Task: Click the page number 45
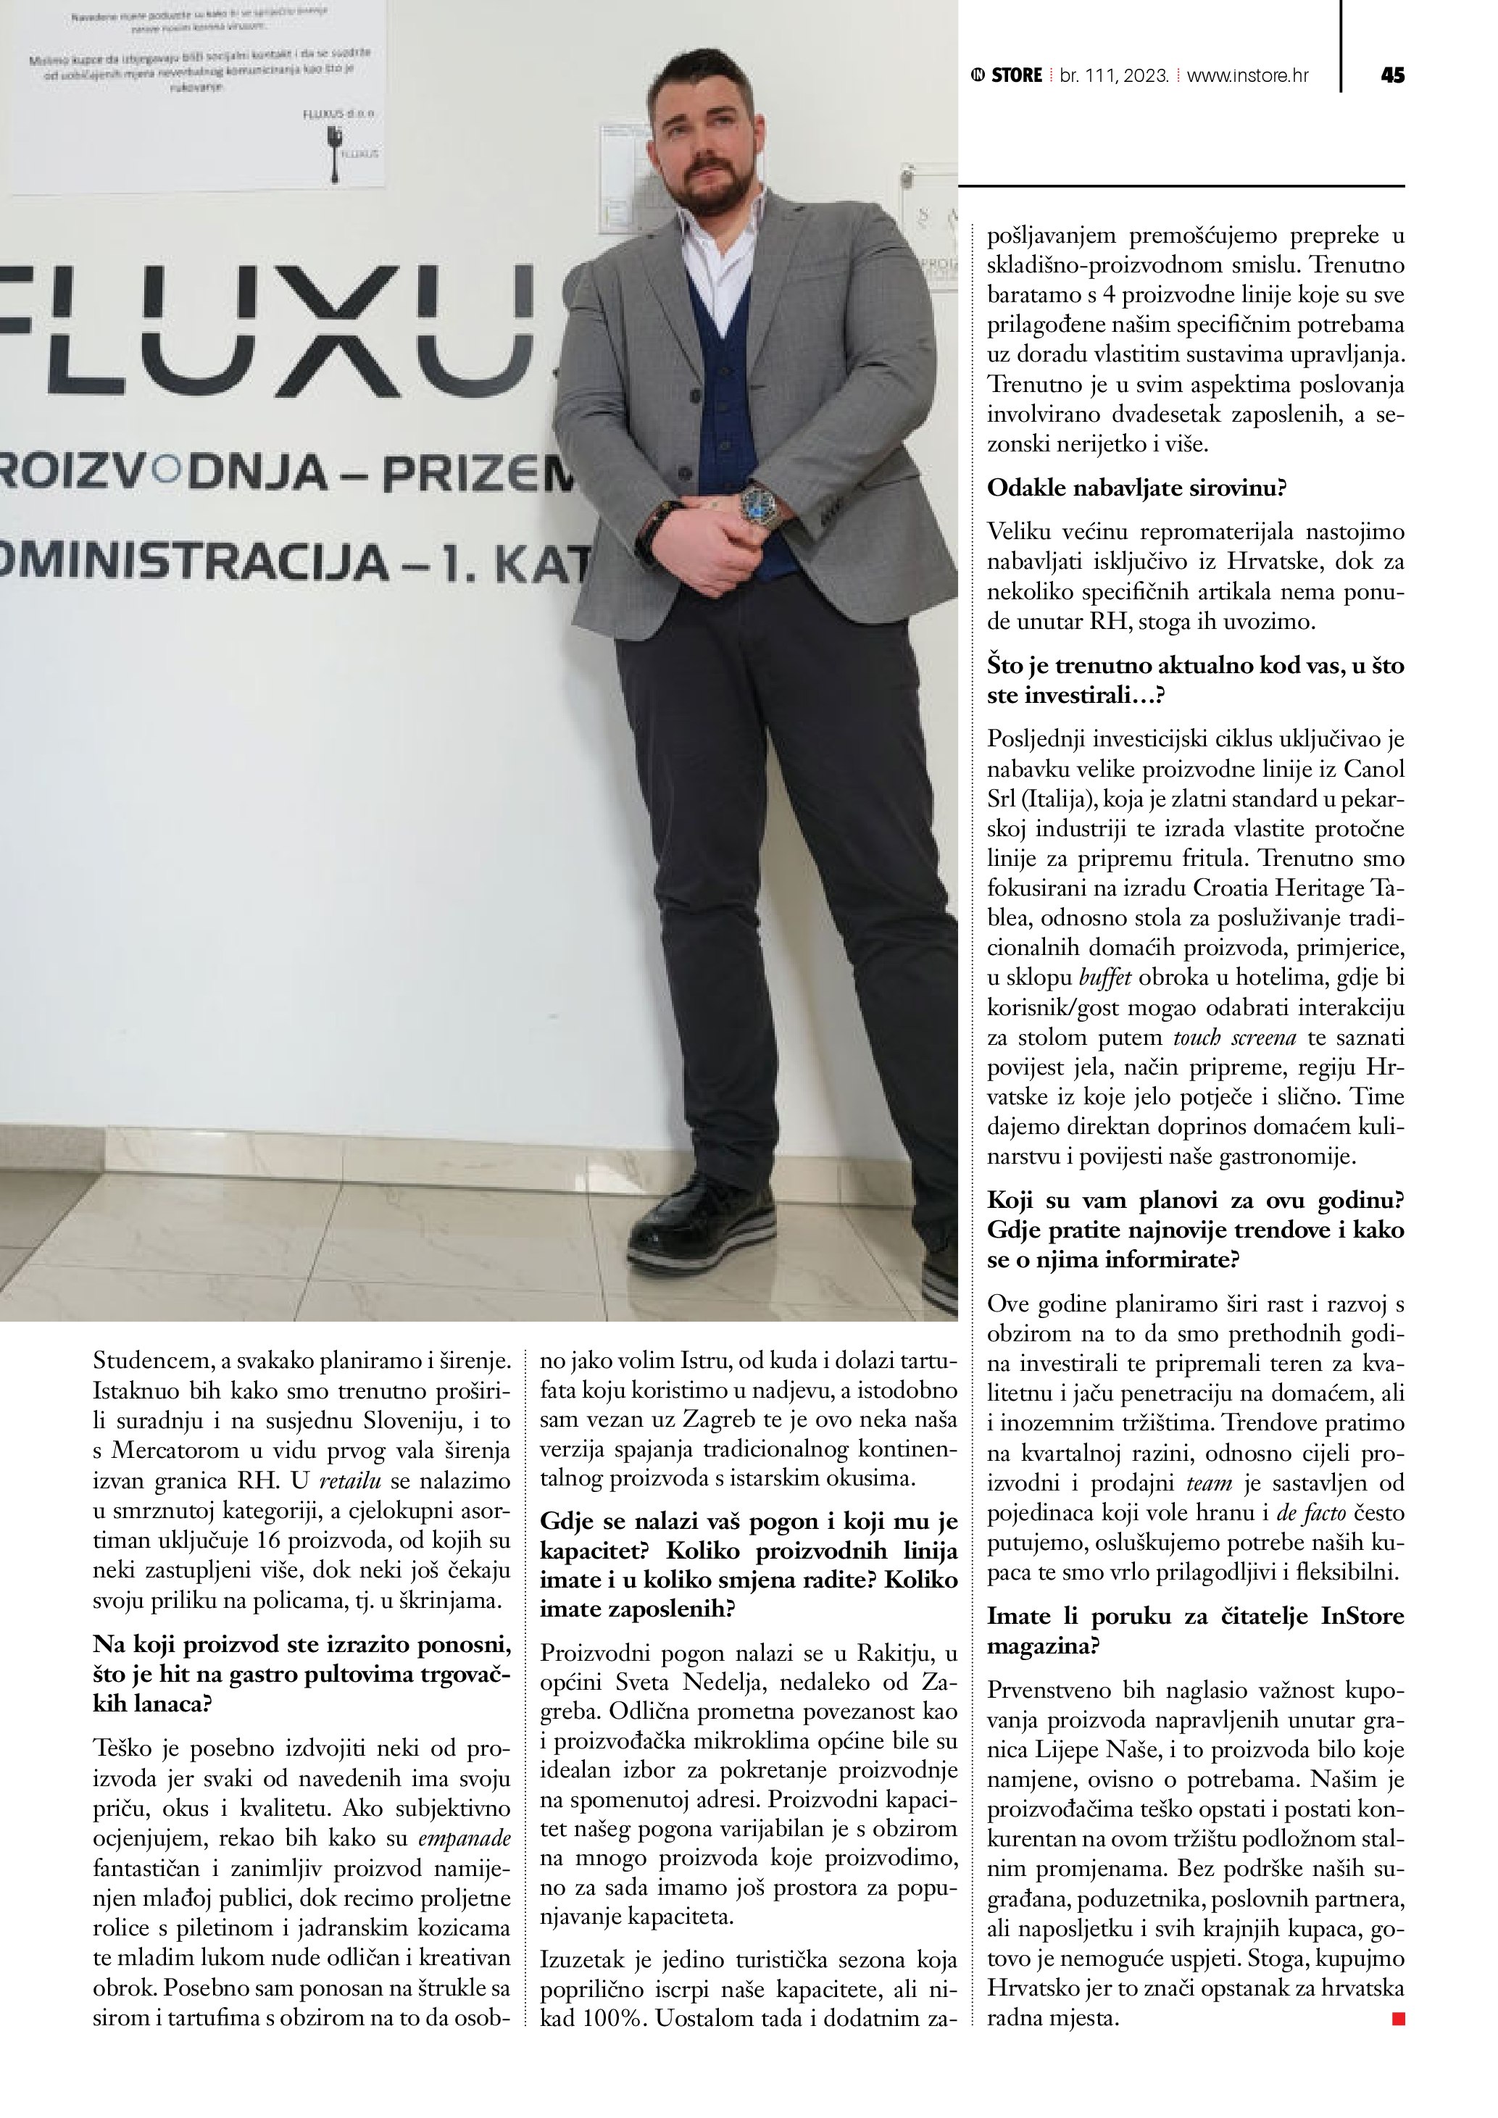[1393, 75]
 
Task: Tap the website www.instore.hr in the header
[1247, 75]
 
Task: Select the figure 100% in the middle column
[612, 2019]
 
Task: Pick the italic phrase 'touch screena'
[1235, 1038]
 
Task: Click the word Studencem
[149, 1361]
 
